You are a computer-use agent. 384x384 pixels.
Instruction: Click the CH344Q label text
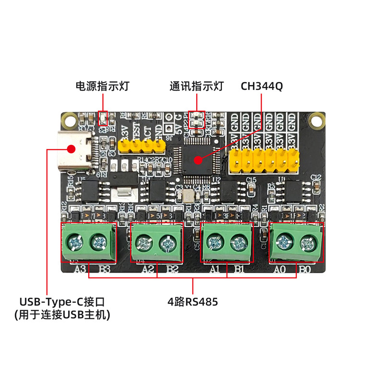point(262,86)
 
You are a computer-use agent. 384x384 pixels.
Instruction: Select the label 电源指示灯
point(102,86)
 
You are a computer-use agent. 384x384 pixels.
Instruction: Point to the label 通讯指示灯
point(197,86)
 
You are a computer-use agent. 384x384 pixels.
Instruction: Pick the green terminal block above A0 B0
point(296,243)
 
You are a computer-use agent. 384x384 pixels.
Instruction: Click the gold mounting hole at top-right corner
point(317,120)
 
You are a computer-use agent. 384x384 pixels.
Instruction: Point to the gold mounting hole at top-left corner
point(71,120)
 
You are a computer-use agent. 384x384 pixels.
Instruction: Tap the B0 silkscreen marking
point(305,269)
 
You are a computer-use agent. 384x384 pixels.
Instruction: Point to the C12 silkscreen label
point(315,178)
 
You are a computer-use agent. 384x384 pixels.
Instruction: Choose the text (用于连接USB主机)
point(62,315)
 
